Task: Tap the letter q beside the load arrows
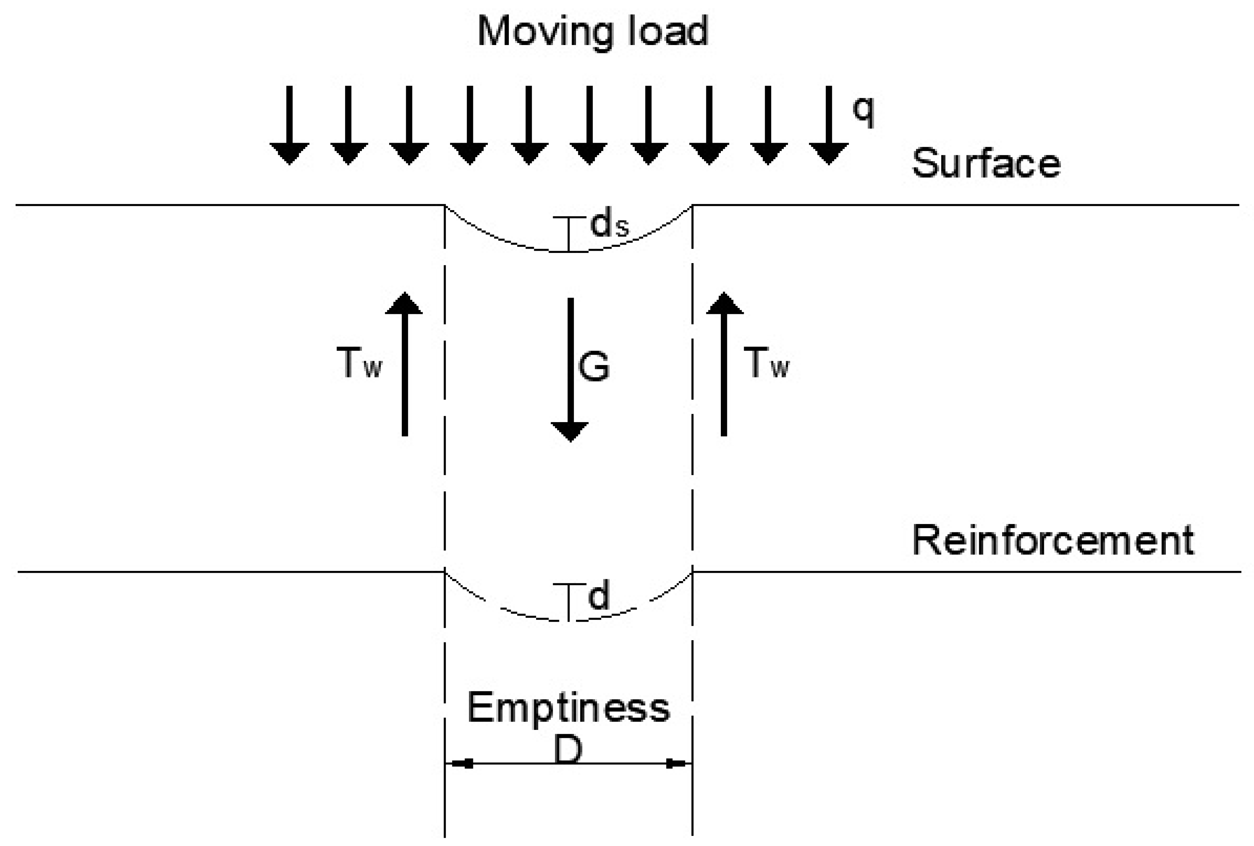click(x=863, y=111)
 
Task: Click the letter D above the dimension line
click(x=568, y=750)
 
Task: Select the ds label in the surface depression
click(x=609, y=225)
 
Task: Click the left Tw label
click(x=359, y=363)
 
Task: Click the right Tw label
click(x=766, y=363)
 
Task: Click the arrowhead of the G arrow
click(x=570, y=432)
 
